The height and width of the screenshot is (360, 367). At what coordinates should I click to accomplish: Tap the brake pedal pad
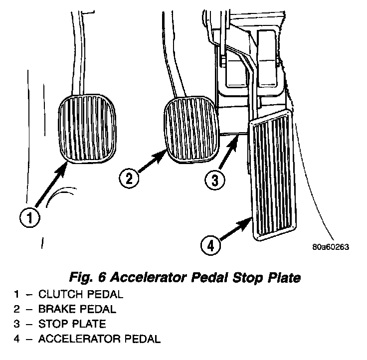(x=190, y=130)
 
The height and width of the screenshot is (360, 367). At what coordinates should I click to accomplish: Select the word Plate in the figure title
(x=285, y=278)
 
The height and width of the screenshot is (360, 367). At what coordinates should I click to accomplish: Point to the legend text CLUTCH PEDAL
(x=80, y=294)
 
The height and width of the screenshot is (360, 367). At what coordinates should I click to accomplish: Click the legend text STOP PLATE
(x=72, y=325)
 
